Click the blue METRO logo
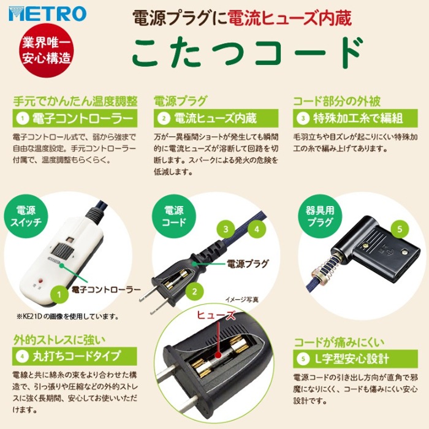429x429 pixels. tap(47, 14)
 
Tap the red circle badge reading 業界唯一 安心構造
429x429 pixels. tap(47, 50)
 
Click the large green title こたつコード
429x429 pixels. tap(248, 52)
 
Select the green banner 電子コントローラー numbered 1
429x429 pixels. tap(75, 118)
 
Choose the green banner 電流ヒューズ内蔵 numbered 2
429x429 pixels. tap(216, 118)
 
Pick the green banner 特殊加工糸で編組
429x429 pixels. tap(355, 118)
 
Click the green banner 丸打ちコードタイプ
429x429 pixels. tap(74, 356)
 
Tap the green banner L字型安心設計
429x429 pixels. tap(355, 359)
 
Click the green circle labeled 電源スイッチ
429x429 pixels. tap(26, 216)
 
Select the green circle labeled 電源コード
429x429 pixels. tap(174, 216)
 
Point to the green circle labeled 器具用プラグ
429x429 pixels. tap(320, 216)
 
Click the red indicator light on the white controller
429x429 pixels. tap(42, 281)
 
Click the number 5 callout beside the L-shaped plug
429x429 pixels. tap(400, 229)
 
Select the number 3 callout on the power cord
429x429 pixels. tap(226, 229)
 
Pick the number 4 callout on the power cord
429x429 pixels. tap(257, 229)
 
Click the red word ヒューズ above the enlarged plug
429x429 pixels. tap(216, 315)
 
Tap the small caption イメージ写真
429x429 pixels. tap(241, 300)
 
